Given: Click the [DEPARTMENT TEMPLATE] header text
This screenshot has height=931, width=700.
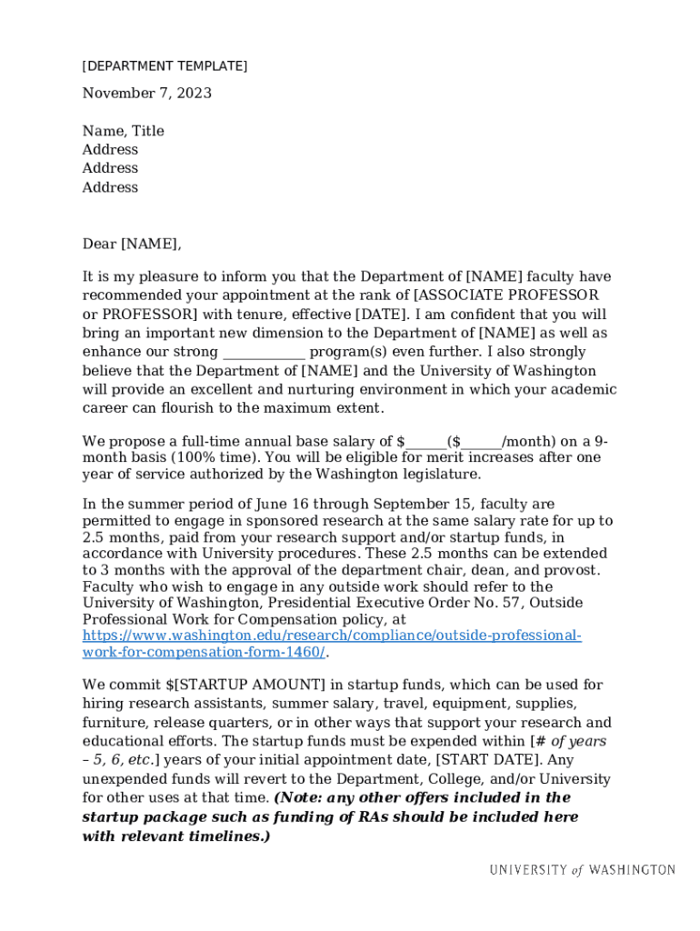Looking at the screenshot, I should [165, 66].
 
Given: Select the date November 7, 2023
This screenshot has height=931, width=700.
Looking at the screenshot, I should [146, 94].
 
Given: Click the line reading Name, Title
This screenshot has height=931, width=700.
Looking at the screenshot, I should [123, 131].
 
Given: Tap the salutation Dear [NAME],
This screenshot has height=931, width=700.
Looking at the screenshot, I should [132, 244].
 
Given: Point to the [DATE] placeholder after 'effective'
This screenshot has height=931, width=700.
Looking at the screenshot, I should [374, 315].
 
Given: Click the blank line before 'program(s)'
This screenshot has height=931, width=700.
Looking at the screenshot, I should [264, 353].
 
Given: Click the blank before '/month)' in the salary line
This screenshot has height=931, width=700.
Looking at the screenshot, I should [481, 443].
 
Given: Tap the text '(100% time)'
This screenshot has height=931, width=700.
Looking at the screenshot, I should [206, 457].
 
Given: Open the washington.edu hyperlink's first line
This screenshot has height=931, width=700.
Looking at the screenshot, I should [332, 636].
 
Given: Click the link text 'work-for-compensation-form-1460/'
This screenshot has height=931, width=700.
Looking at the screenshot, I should [204, 652].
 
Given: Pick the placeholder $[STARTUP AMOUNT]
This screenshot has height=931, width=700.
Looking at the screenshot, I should [245, 685].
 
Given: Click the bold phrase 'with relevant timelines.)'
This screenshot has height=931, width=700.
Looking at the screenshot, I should [175, 836].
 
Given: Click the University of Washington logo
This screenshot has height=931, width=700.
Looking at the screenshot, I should [582, 870].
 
